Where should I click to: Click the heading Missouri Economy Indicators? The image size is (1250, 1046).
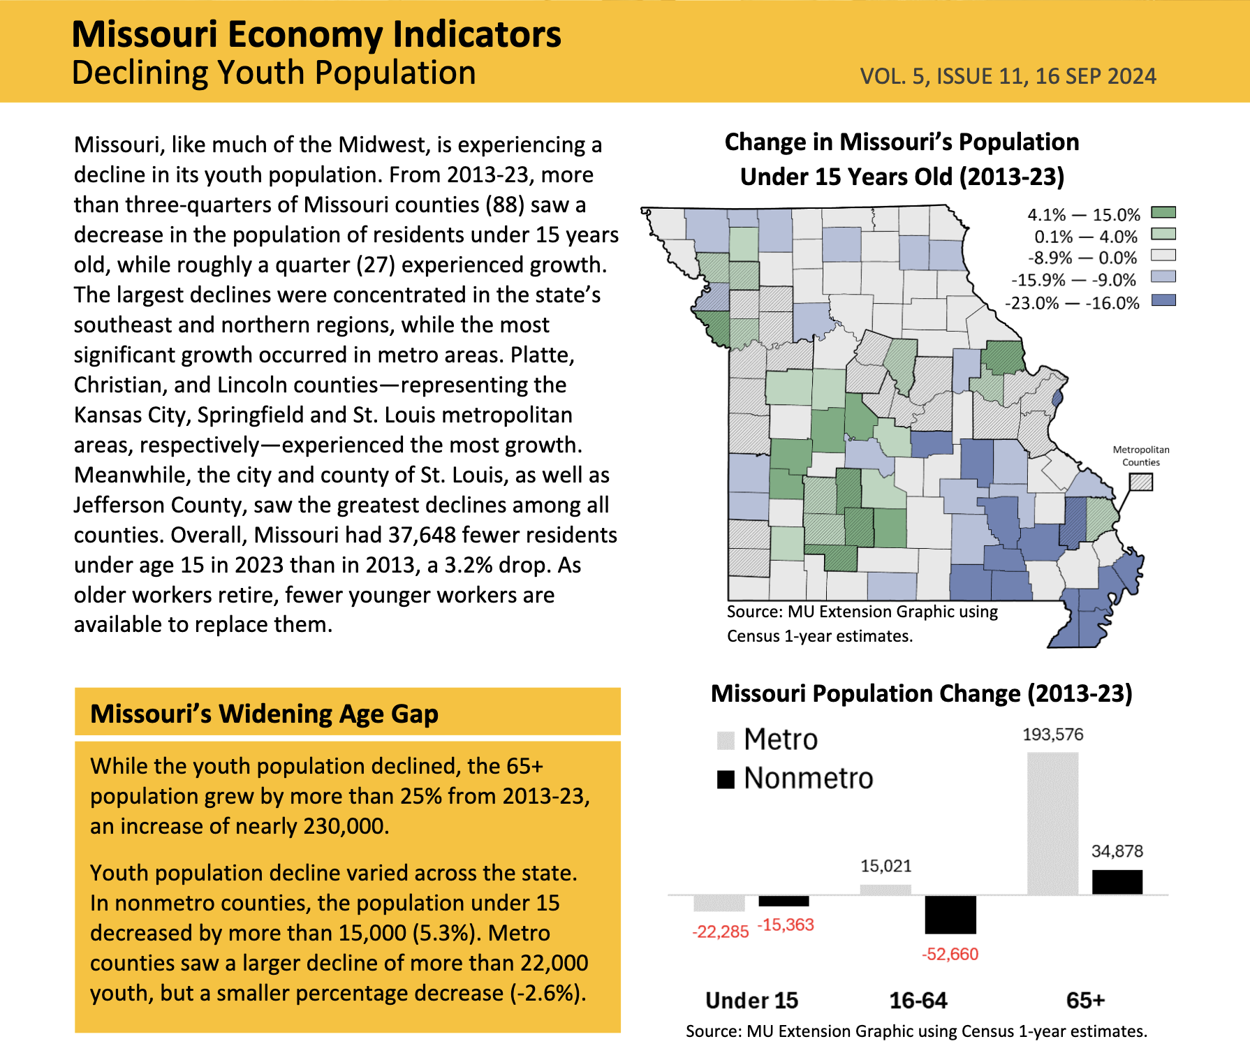[316, 34]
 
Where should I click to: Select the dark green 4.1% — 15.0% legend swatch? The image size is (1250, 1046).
[1163, 212]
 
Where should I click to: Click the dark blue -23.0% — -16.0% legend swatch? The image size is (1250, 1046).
[1163, 300]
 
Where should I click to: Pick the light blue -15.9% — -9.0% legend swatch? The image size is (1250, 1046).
[1163, 277]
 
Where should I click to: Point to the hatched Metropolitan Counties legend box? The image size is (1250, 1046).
[1141, 482]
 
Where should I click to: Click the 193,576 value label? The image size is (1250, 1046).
[1052, 735]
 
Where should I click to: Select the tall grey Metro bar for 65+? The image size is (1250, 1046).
[1052, 823]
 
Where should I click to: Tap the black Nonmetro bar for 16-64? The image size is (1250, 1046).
[950, 914]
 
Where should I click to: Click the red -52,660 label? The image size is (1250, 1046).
[950, 954]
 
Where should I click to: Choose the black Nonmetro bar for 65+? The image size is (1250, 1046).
[1117, 882]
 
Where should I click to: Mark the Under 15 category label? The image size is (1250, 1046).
[751, 1001]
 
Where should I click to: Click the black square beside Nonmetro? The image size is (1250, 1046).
[726, 779]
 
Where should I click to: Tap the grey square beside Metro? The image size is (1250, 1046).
[726, 740]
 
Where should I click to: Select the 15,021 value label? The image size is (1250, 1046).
[885, 866]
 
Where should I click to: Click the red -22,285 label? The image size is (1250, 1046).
[720, 931]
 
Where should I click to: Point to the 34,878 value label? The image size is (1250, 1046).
[1117, 851]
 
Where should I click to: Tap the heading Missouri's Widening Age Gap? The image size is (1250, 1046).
[264, 714]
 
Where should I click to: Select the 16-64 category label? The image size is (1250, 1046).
[918, 1001]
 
